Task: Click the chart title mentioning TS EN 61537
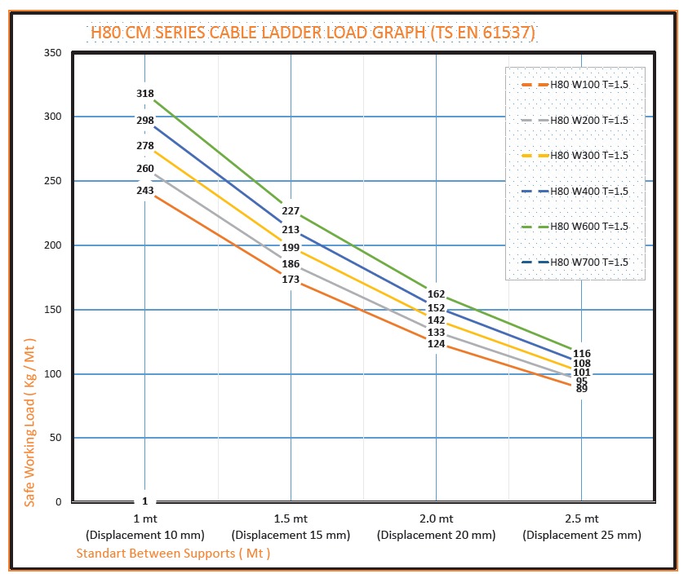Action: [313, 33]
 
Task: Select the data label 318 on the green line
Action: [144, 94]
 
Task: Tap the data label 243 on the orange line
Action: [144, 190]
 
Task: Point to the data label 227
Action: [291, 210]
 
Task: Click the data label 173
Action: [291, 280]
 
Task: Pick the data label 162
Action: [436, 293]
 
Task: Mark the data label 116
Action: [582, 354]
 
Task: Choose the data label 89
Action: [582, 389]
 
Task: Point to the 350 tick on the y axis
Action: [52, 52]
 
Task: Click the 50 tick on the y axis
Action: [55, 438]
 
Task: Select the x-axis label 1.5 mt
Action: [291, 518]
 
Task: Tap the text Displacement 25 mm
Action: [582, 536]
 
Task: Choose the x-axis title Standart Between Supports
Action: [173, 554]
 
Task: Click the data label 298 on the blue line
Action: [144, 121]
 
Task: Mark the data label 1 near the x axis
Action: [144, 501]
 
